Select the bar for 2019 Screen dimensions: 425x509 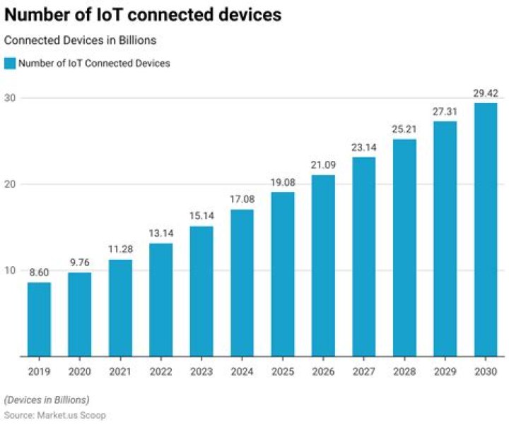click(39, 319)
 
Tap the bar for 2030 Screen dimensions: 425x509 click(485, 229)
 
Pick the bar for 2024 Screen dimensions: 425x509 click(242, 282)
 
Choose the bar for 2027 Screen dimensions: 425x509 click(363, 256)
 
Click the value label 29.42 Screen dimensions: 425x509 click(485, 92)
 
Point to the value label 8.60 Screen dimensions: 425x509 click(39, 272)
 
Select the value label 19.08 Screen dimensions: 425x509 click(282, 181)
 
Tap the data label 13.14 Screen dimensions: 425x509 click(160, 233)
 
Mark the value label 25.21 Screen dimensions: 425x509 click(404, 129)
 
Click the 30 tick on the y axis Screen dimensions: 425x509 click(11, 97)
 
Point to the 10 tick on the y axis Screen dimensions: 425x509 click(11, 270)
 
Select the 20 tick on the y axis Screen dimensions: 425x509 click(11, 184)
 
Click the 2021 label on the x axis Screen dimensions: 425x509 click(120, 371)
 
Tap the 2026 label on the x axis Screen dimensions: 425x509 click(323, 371)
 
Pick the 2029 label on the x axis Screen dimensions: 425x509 click(445, 371)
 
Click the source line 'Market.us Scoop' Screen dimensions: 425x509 click(55, 415)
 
